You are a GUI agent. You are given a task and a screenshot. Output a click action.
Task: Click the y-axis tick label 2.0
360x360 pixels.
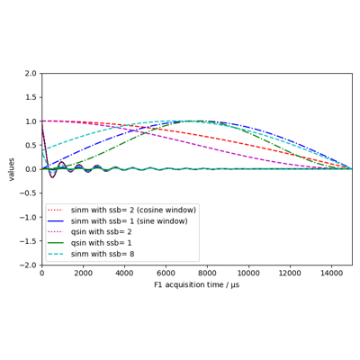click(31, 73)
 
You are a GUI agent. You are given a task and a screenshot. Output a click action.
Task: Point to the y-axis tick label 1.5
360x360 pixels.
click(31, 97)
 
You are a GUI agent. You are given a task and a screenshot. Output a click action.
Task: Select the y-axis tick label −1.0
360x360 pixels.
click(29, 217)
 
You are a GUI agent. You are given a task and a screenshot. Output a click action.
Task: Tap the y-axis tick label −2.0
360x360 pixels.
click(29, 265)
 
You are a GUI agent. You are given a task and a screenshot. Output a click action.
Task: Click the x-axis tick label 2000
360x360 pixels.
click(83, 274)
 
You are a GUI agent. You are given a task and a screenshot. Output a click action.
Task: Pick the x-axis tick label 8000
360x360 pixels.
click(207, 274)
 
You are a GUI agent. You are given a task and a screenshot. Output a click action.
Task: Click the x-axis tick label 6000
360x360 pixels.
click(166, 274)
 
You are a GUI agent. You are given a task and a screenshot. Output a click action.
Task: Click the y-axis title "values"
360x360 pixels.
click(12, 169)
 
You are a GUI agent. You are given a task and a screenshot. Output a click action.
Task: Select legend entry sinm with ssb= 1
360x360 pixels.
click(101, 221)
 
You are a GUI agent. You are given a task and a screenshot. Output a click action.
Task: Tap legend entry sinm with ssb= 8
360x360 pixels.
click(103, 254)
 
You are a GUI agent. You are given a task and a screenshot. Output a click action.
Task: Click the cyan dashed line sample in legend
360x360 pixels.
click(56, 254)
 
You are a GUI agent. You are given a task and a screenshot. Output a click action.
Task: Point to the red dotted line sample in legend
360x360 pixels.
click(56, 210)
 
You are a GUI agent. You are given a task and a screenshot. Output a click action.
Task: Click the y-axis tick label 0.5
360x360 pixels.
click(31, 145)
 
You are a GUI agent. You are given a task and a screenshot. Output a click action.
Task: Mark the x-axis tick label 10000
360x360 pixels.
click(248, 274)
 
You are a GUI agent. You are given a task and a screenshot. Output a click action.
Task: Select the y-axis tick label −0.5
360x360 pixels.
click(29, 193)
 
